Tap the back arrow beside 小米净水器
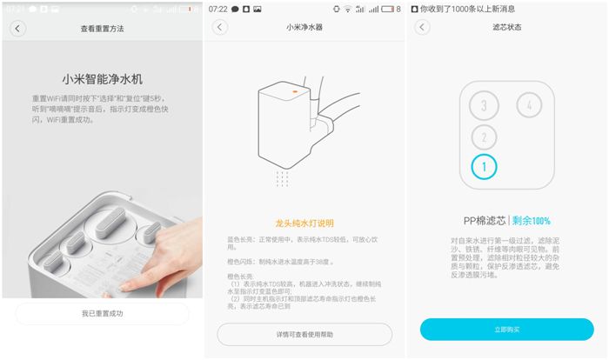[220, 27]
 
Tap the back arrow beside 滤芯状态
[423, 27]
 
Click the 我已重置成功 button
[103, 313]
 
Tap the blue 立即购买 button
[506, 330]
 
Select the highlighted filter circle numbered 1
[484, 165]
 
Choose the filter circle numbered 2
[484, 137]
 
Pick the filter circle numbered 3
[484, 107]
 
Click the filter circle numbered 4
[529, 106]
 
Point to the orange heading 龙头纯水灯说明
[304, 223]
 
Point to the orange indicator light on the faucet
[295, 90]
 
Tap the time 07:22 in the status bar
[218, 8]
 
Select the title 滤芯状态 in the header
[506, 28]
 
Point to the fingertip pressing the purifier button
[130, 284]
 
